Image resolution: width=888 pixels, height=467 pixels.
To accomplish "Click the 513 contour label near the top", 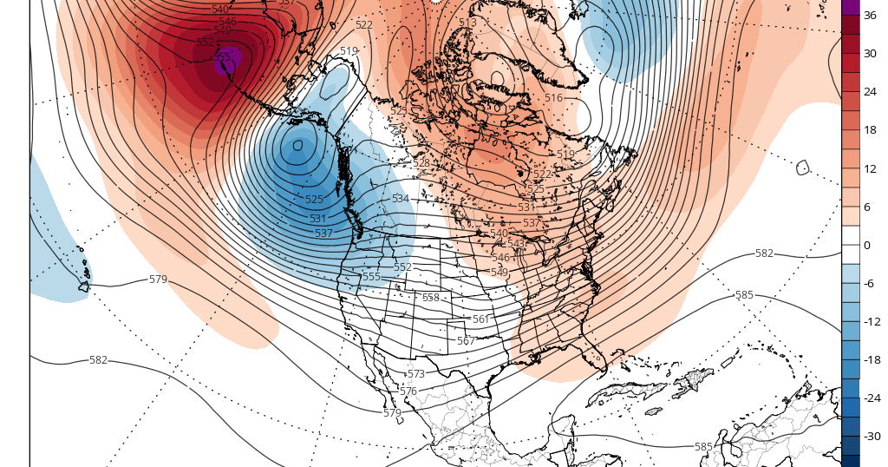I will [467, 22].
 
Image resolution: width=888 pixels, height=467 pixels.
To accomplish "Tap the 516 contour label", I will [553, 98].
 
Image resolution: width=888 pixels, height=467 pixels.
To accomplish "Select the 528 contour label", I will [421, 163].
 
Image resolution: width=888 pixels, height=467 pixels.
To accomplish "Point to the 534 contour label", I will [400, 199].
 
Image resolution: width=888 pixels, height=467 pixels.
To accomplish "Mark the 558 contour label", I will [430, 298].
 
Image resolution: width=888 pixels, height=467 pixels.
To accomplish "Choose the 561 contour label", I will [480, 319].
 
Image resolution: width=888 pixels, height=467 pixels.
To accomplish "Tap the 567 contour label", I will [466, 341].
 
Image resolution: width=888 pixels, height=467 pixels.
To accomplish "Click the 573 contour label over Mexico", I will [416, 374].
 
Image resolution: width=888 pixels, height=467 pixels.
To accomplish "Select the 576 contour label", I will [408, 391].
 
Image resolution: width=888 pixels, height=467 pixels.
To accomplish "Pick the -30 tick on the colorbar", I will [872, 436].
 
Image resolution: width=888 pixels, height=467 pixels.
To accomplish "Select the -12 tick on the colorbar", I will [872, 321].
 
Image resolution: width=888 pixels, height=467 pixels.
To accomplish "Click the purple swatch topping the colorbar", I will [850, 7].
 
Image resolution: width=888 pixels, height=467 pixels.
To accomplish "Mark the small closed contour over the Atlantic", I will [802, 167].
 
